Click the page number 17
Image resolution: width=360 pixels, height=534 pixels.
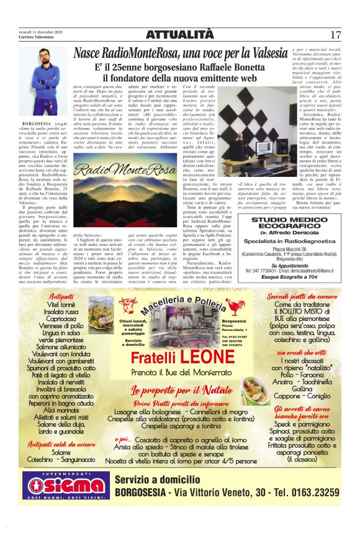336,35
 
